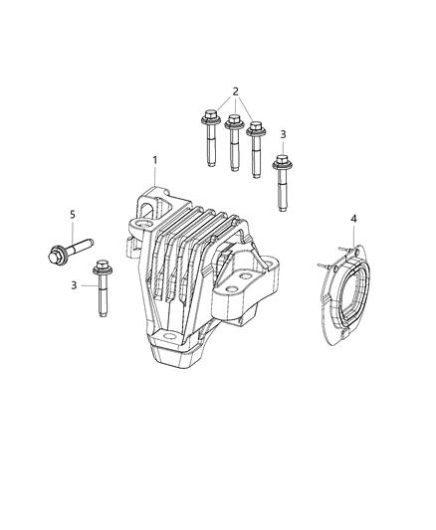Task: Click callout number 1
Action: coord(154,160)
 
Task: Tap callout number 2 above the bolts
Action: coord(235,91)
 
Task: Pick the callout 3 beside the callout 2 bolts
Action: coord(283,134)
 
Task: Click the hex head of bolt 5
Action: coord(55,254)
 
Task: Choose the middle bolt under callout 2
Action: coord(235,139)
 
